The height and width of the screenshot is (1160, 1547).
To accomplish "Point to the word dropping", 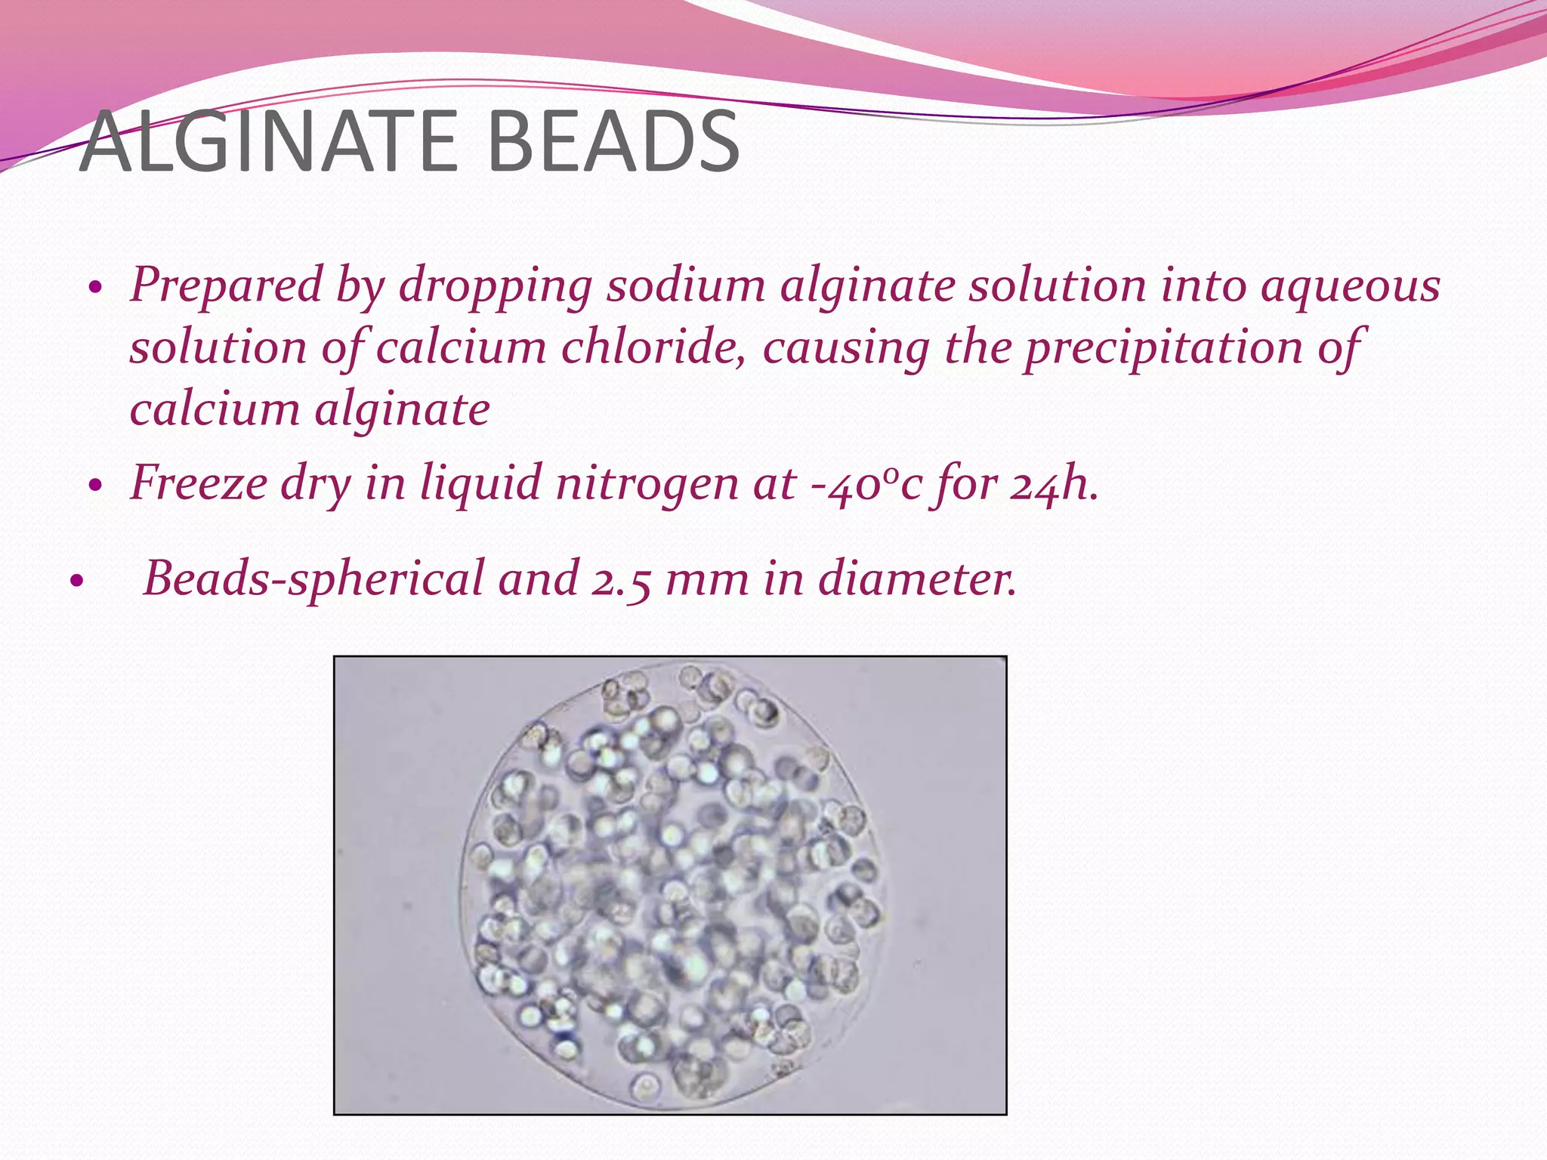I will pos(496,286).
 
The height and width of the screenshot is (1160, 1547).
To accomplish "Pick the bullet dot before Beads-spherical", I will pos(75,582).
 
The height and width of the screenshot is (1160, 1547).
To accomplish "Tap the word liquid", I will pos(481,484).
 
